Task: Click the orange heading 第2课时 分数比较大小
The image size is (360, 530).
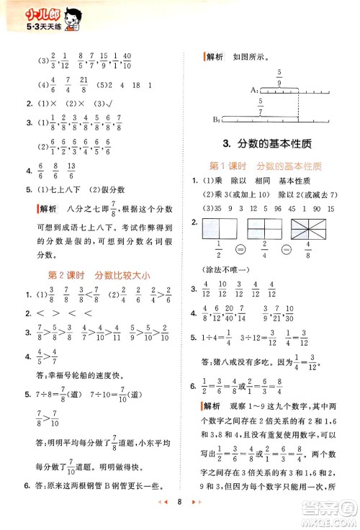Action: pyautogui.click(x=94, y=274)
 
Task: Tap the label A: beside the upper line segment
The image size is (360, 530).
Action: pyautogui.click(x=255, y=89)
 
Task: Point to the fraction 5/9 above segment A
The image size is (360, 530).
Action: pyautogui.click(x=279, y=76)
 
